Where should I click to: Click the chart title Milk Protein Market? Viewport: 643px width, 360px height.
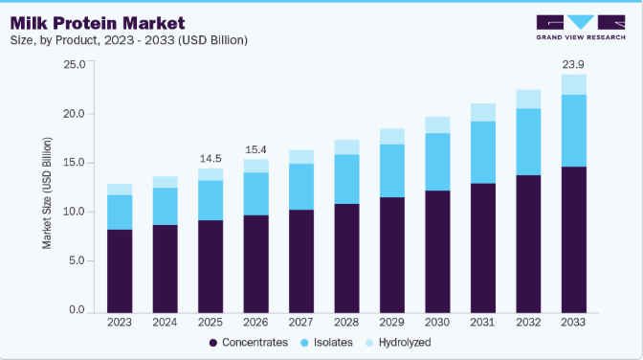click(98, 23)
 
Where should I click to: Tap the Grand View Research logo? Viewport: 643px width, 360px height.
click(581, 27)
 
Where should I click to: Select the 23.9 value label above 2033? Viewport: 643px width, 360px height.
click(573, 64)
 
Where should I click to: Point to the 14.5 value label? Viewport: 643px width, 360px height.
click(211, 158)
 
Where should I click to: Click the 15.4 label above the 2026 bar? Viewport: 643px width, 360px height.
click(255, 149)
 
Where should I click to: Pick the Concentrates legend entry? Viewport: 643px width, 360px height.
click(249, 343)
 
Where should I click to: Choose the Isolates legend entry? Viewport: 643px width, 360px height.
click(326, 343)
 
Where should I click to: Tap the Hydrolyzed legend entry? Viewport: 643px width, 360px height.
click(398, 343)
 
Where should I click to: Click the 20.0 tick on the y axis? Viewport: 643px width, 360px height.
click(74, 114)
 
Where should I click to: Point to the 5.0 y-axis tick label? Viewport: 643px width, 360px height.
click(77, 260)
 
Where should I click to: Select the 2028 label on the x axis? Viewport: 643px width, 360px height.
click(346, 323)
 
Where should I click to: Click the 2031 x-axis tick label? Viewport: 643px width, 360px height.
click(482, 323)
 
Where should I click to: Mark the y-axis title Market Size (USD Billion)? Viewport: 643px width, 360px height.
click(47, 193)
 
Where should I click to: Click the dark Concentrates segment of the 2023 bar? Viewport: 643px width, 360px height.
click(120, 271)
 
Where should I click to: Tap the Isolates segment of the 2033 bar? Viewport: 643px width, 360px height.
click(574, 130)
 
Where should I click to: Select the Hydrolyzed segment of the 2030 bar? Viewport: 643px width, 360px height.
click(437, 124)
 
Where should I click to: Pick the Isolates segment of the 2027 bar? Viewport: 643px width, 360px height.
click(301, 187)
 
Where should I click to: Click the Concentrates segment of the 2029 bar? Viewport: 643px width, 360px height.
click(392, 255)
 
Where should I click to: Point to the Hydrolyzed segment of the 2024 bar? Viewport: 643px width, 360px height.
click(166, 182)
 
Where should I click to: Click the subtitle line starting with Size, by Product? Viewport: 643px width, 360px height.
click(129, 40)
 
